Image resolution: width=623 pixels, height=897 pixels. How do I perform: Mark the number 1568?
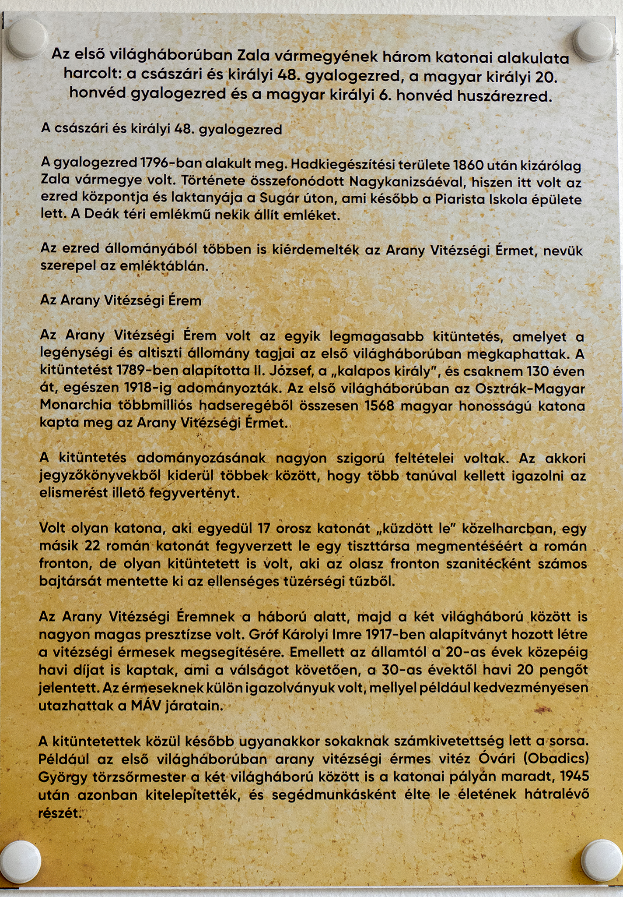click(x=379, y=406)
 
